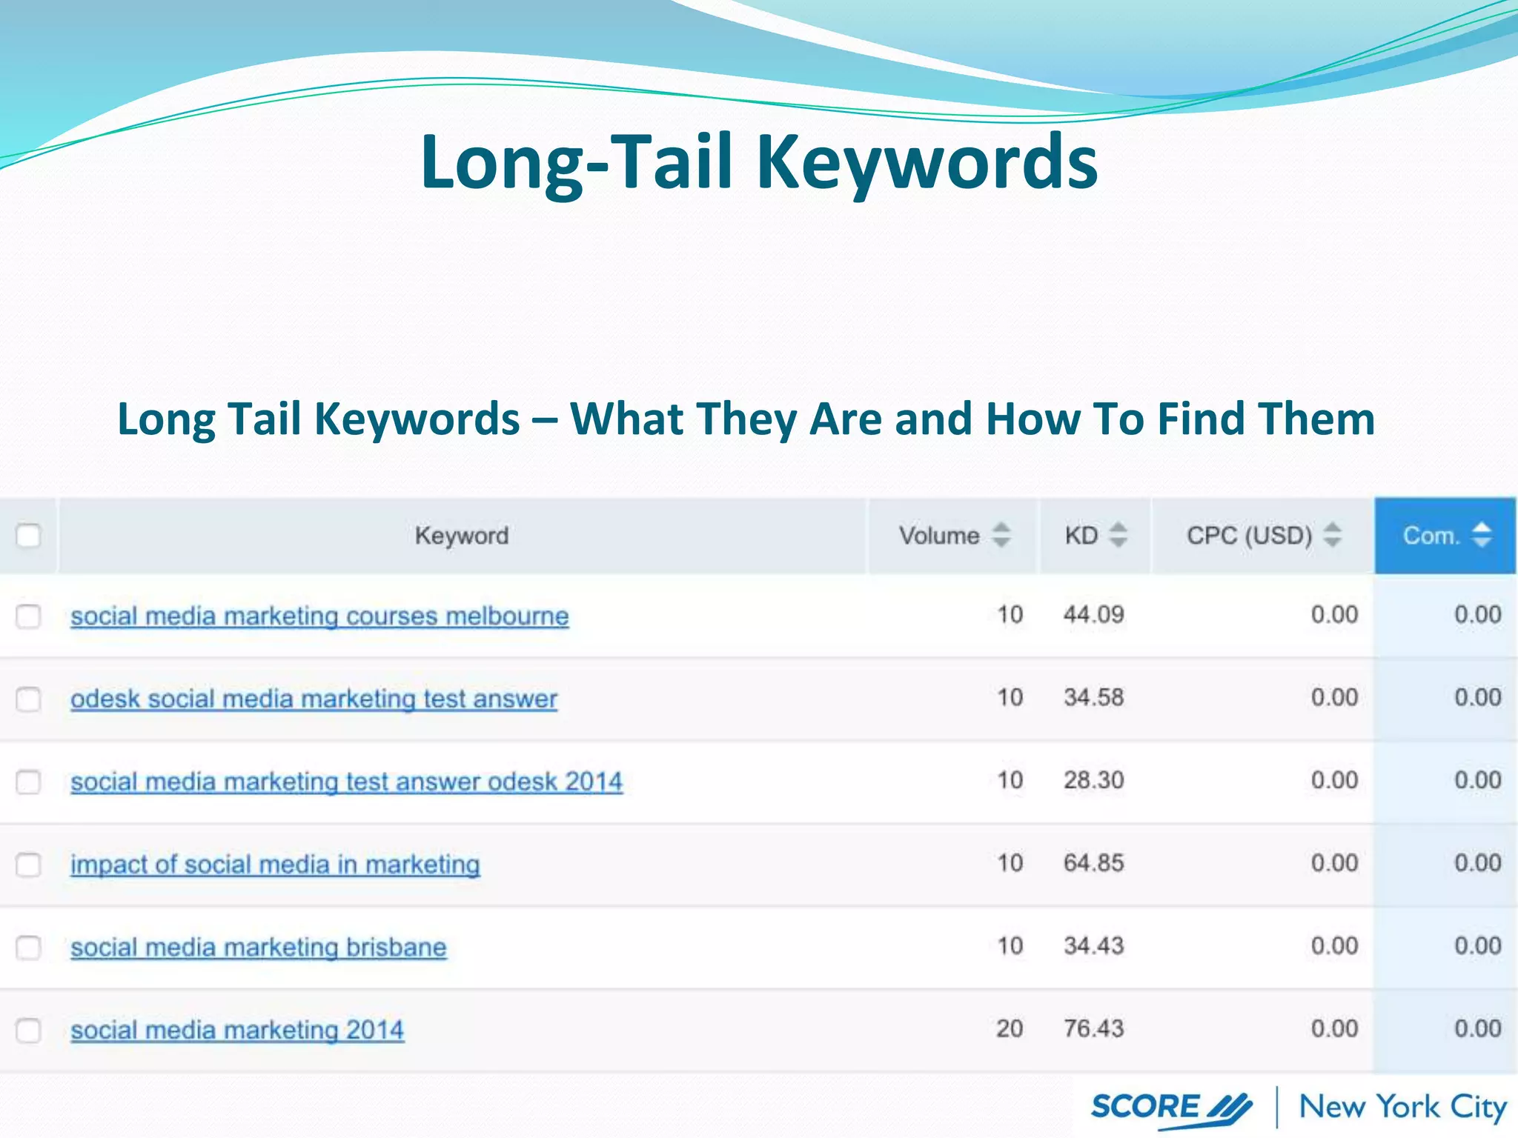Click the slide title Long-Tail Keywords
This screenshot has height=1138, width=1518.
click(x=758, y=162)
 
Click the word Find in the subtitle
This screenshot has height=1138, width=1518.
click(x=1199, y=419)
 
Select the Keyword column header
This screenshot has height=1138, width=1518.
click(x=461, y=536)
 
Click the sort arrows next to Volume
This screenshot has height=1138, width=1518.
click(x=1001, y=535)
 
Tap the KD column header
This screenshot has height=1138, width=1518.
click(x=1081, y=536)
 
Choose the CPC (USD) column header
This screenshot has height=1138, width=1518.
click(x=1249, y=536)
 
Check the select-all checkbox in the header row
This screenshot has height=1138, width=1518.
click(x=28, y=536)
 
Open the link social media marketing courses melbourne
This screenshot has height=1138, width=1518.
click(x=319, y=616)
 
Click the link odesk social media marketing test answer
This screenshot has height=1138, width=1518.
click(x=314, y=699)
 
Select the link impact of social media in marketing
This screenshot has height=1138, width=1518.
click(x=275, y=865)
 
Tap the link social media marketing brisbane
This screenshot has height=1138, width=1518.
click(x=258, y=948)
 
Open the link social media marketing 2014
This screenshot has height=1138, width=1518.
click(x=237, y=1031)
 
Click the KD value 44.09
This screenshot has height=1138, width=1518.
click(x=1093, y=615)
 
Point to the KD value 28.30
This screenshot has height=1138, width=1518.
click(x=1093, y=780)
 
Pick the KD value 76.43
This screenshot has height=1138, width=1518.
click(x=1093, y=1029)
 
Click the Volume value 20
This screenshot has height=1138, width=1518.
click(x=1010, y=1029)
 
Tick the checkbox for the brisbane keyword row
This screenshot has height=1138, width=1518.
click(x=28, y=948)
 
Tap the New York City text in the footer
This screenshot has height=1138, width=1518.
click(x=1402, y=1108)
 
